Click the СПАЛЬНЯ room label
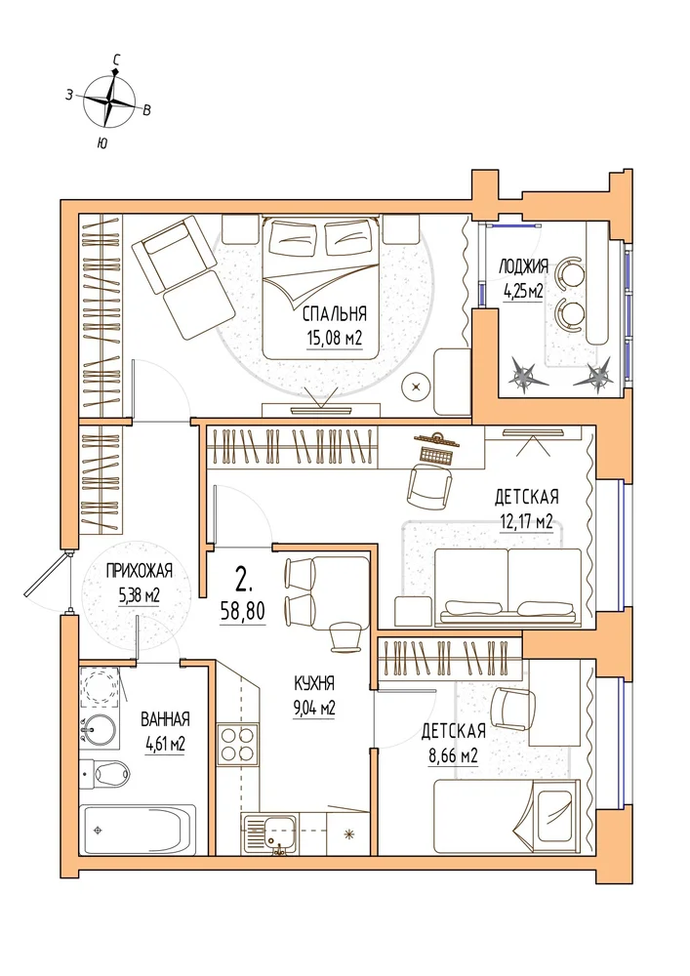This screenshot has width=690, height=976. click(x=334, y=313)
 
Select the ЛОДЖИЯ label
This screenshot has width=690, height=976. click(x=523, y=267)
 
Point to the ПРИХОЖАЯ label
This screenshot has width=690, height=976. click(x=139, y=570)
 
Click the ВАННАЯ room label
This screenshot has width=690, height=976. click(x=165, y=719)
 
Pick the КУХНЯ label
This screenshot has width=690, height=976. click(x=314, y=683)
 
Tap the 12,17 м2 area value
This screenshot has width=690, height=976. click(x=526, y=521)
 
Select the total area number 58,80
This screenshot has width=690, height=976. click(x=243, y=611)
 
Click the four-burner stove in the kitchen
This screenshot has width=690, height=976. click(x=237, y=744)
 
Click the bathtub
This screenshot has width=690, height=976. click(x=139, y=830)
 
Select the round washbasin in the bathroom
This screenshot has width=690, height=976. click(x=100, y=728)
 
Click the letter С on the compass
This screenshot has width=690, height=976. click(x=116, y=60)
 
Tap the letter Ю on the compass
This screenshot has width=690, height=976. click(x=101, y=143)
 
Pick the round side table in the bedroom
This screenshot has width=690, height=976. click(x=416, y=388)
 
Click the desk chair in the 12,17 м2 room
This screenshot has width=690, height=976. click(x=429, y=485)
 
